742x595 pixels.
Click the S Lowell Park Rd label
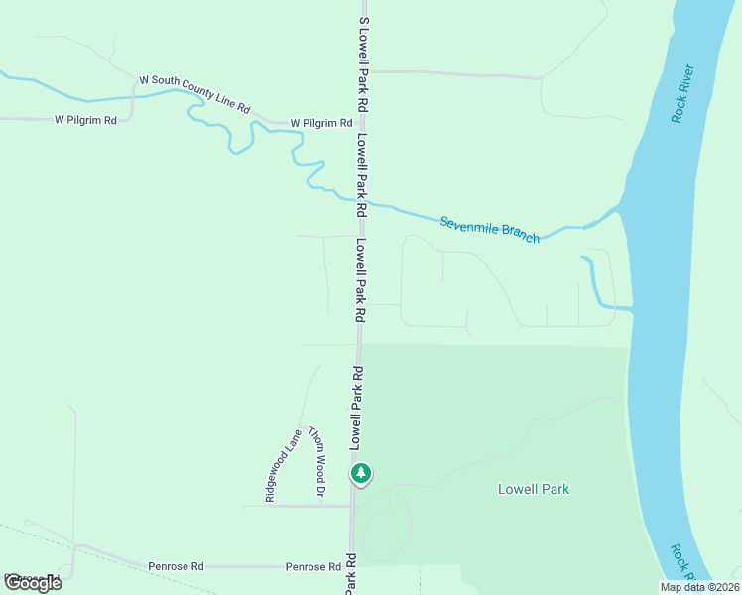(x=365, y=62)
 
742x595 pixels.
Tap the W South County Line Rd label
(x=193, y=93)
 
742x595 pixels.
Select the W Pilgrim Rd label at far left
(x=85, y=120)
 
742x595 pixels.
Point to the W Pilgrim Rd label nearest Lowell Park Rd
(x=320, y=123)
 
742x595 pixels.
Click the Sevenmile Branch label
(x=490, y=229)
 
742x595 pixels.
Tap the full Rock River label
(x=682, y=93)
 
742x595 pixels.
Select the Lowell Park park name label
(x=533, y=489)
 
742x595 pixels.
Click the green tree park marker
(x=361, y=473)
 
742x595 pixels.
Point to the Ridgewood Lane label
(x=283, y=463)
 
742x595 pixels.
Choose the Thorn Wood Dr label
(x=316, y=461)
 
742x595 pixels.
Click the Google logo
(x=33, y=582)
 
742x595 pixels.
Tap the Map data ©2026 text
(x=699, y=587)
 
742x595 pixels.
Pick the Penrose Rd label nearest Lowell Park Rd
(x=312, y=566)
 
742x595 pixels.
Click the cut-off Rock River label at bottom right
(x=680, y=560)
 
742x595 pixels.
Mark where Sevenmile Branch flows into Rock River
(x=620, y=208)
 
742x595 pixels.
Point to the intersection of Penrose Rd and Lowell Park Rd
(x=350, y=566)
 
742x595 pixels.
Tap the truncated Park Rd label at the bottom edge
(x=350, y=580)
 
